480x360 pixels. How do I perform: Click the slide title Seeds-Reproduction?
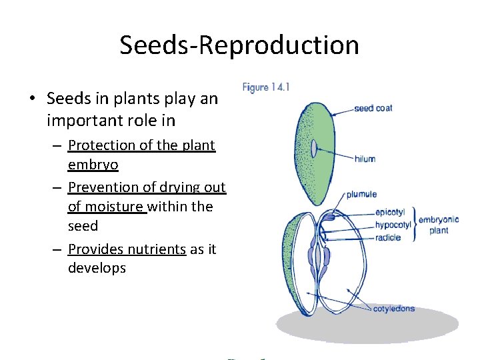239,45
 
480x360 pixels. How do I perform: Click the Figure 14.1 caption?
265,87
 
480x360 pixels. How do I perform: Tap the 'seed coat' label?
373,108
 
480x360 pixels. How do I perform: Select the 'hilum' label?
365,159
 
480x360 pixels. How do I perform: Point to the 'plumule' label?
361,195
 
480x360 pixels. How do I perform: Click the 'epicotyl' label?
389,212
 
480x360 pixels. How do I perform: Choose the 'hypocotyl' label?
392,225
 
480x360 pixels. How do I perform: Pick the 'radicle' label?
387,237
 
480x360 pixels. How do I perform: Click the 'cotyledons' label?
393,309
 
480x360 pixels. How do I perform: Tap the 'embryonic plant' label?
439,225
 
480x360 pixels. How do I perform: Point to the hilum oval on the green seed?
313,148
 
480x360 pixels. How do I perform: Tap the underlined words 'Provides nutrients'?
127,249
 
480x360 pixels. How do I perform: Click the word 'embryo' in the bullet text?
93,165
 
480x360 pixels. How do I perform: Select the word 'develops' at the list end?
97,268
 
